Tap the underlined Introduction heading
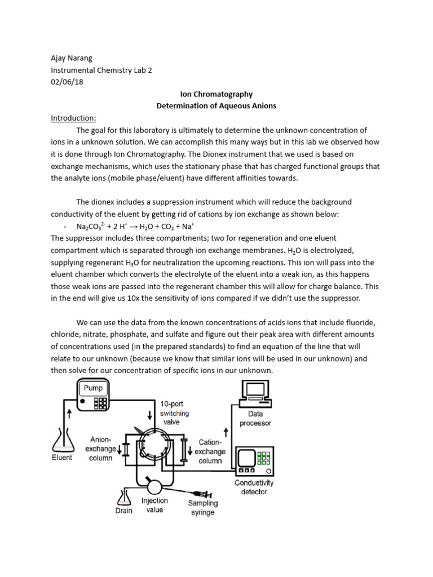point(73,118)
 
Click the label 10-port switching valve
point(176,412)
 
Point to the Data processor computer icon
point(255,395)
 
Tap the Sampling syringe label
point(202,508)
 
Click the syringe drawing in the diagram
point(200,492)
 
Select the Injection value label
point(154,505)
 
